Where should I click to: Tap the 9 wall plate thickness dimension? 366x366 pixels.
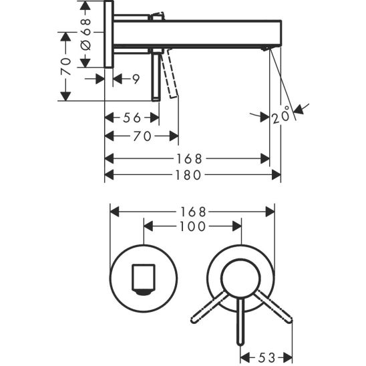(135, 79)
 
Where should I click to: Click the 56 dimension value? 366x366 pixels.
(132, 118)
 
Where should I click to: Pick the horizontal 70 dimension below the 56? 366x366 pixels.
(141, 137)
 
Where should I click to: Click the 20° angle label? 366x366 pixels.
(281, 116)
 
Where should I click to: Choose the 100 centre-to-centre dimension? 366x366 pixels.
(192, 226)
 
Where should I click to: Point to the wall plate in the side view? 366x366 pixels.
(108, 33)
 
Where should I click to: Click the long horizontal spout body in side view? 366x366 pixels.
(200, 33)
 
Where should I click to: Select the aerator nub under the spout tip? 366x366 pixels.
(266, 49)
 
